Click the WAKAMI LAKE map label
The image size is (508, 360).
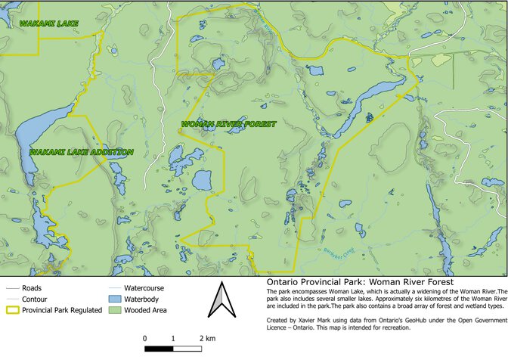49,24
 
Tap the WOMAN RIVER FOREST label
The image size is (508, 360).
218,124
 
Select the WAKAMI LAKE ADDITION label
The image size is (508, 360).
82,152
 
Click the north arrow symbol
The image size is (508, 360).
219,303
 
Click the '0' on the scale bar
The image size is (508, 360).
144,338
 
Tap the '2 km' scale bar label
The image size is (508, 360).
206,338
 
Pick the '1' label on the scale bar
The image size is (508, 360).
173,338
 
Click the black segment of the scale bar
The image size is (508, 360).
158,349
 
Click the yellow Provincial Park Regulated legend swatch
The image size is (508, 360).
13,310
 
